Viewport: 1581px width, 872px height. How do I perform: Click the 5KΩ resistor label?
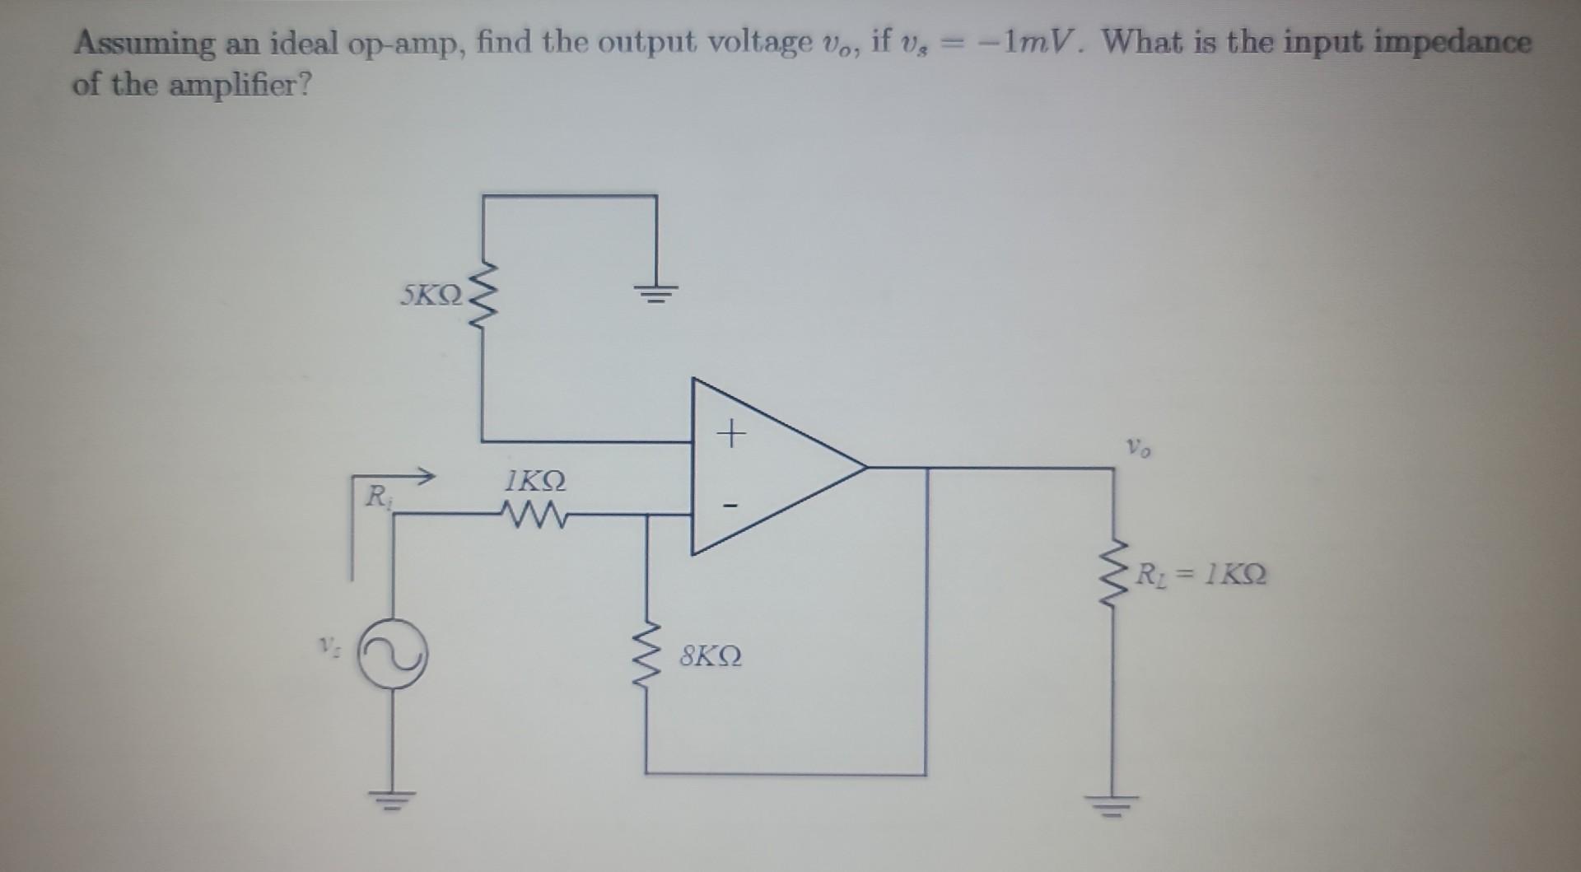[431, 295]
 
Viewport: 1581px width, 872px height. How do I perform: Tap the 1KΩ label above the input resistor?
[535, 480]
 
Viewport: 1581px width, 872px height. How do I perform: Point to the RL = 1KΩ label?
[1201, 573]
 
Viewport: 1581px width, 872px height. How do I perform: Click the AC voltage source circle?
[392, 653]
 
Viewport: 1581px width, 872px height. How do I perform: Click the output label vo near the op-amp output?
[1139, 449]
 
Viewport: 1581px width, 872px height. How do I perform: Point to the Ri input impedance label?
[376, 496]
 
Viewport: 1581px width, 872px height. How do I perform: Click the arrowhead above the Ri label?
[426, 474]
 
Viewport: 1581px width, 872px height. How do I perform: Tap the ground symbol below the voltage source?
[392, 797]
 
